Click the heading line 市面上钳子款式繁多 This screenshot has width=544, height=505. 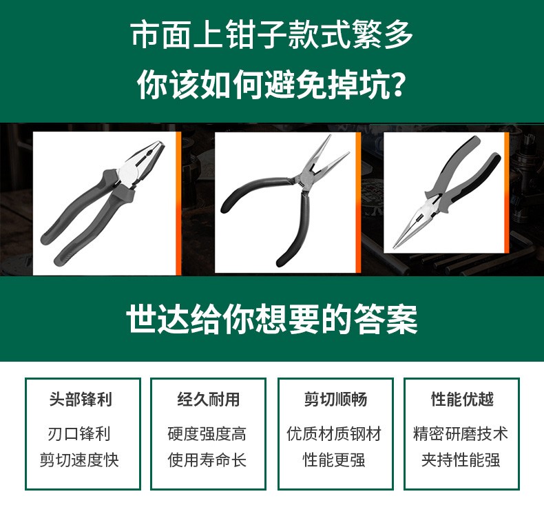point(272,34)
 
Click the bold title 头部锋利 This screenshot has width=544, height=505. point(81,399)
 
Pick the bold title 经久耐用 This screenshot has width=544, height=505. point(209,399)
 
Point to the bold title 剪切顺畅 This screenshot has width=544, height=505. point(335,399)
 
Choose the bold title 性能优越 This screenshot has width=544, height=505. point(462,399)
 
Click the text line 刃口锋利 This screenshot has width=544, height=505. point(79,434)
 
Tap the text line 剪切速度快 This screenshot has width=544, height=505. point(79,460)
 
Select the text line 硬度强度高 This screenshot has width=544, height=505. point(207,434)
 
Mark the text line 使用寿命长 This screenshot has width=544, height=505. point(207,460)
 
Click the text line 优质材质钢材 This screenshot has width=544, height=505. point(334,434)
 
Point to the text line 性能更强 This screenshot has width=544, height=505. point(334,460)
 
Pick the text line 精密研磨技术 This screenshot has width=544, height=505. point(461,434)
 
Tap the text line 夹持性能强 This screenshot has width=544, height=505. point(461,460)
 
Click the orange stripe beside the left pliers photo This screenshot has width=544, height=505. point(178,203)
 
